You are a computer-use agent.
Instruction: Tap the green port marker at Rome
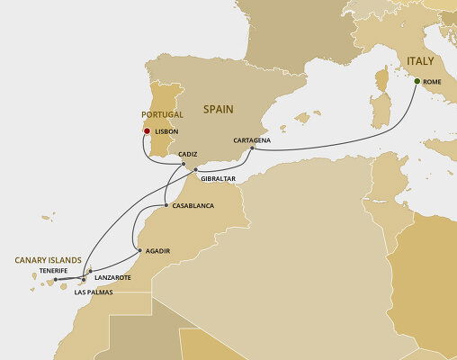pos(417,82)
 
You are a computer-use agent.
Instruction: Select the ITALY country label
pos(420,61)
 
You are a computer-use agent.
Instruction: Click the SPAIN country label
pos(216,109)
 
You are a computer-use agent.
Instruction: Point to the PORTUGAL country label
pos(163,115)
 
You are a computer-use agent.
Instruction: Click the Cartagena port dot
pos(252,148)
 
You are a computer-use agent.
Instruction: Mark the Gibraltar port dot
pos(195,170)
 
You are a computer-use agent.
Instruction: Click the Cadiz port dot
pos(184,164)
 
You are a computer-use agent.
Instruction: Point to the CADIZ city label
pos(188,155)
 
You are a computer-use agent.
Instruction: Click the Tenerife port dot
pos(56,280)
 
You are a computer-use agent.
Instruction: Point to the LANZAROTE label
pos(112,277)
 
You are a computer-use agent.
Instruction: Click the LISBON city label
pos(166,131)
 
